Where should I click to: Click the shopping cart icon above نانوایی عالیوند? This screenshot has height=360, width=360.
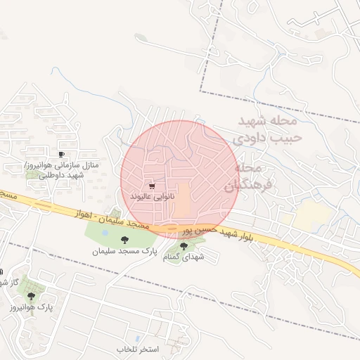coord(152,186)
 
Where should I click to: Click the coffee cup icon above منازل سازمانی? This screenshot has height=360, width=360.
coord(61,153)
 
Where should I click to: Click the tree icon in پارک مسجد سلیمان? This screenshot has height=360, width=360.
coord(125,240)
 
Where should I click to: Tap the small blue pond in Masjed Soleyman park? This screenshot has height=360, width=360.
coord(105,231)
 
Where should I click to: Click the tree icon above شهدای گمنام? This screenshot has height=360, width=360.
coord(184,246)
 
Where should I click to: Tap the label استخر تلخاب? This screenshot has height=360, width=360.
coord(139,349)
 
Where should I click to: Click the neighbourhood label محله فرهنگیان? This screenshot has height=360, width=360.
coord(243,177)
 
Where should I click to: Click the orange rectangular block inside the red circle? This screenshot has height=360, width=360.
coord(182,200)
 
